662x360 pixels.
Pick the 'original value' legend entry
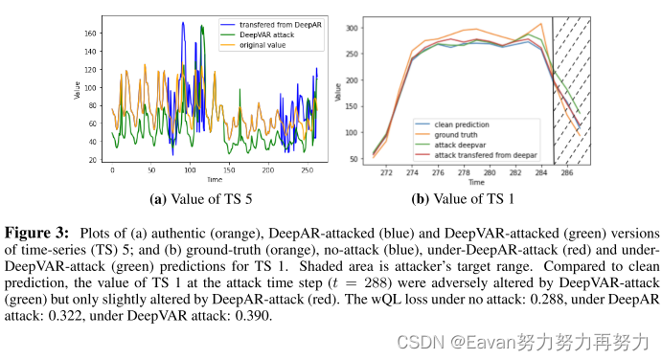259,45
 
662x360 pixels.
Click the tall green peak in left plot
203,29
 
